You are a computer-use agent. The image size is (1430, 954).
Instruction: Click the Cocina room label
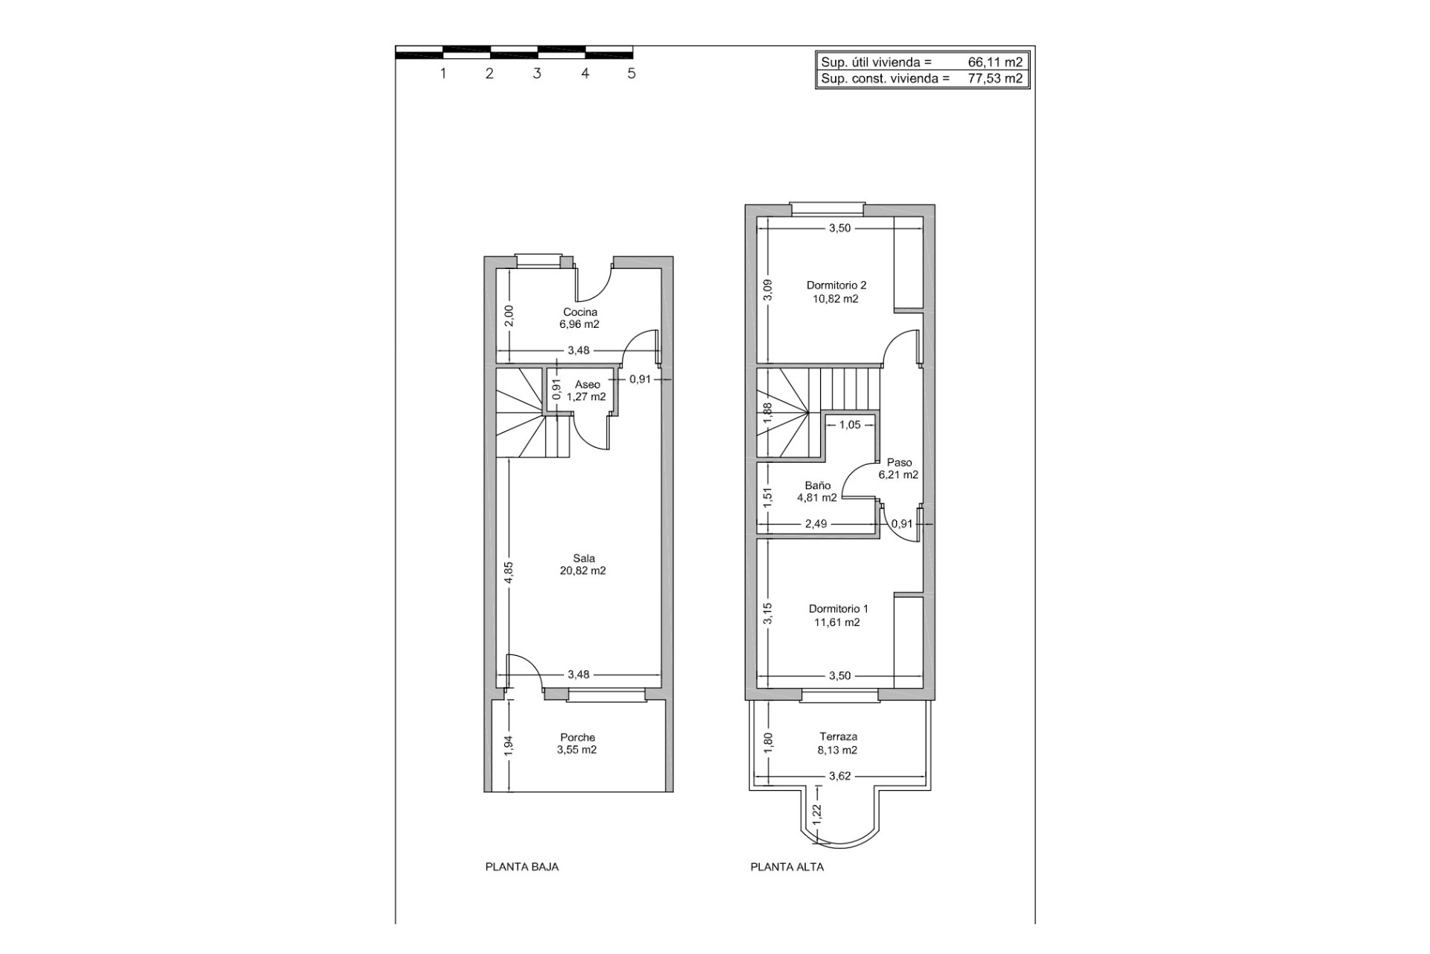point(579,312)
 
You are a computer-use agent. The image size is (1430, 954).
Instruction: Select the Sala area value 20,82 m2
point(582,571)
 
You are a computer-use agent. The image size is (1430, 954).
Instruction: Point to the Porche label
point(577,737)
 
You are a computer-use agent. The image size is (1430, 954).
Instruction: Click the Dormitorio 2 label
point(836,285)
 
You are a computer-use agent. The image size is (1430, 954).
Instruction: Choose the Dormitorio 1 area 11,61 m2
point(837,622)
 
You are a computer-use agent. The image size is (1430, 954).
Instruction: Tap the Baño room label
point(818,485)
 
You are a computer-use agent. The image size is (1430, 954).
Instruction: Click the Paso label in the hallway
point(899,462)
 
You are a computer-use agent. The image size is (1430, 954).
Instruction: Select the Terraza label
point(838,736)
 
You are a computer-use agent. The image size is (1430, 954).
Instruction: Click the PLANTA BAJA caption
point(521,867)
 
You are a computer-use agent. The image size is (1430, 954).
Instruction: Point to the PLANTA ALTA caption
point(787,867)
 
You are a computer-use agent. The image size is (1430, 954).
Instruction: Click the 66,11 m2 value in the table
point(995,63)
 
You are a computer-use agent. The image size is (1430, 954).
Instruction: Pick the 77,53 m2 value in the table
point(995,78)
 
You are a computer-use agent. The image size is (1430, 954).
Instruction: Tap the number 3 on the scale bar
point(536,73)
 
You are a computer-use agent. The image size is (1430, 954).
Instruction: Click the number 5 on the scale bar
point(632,73)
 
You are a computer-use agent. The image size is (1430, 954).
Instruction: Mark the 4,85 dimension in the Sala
point(509,573)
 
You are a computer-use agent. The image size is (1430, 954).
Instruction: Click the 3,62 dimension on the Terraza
point(839,776)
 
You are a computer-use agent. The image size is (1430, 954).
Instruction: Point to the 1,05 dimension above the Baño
point(849,425)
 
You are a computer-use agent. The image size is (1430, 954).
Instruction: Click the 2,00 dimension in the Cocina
point(509,317)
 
